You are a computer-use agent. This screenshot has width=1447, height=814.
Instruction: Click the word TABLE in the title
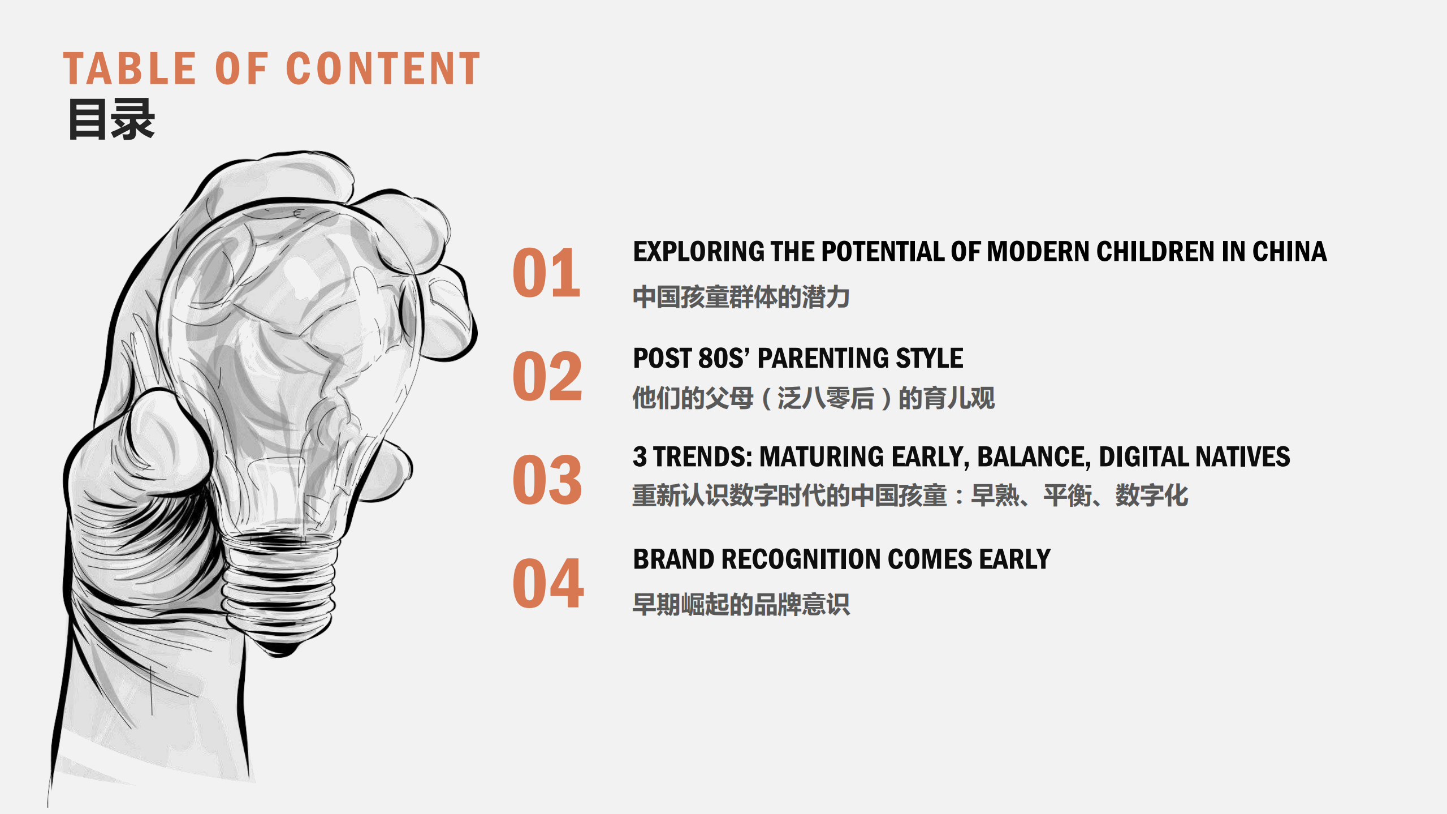[129, 69]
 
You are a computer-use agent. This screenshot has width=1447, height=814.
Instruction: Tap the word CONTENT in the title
[383, 69]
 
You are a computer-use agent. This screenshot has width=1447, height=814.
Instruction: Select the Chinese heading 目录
[111, 119]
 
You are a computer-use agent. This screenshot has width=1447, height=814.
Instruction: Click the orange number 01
[546, 274]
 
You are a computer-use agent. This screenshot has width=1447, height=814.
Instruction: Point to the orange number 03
[547, 480]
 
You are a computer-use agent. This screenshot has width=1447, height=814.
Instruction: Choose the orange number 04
[547, 583]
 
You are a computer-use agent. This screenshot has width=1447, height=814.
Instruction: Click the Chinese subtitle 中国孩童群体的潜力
[741, 298]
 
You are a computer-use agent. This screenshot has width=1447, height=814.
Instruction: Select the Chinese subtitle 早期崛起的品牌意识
[741, 604]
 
